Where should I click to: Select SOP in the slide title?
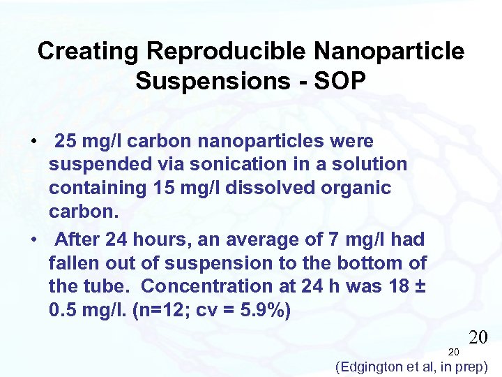[340, 81]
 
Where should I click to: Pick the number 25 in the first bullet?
[67, 142]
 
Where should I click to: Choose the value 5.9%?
[261, 310]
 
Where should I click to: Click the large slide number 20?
[478, 339]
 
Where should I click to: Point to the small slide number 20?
[453, 352]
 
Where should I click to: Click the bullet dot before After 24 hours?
[33, 239]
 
